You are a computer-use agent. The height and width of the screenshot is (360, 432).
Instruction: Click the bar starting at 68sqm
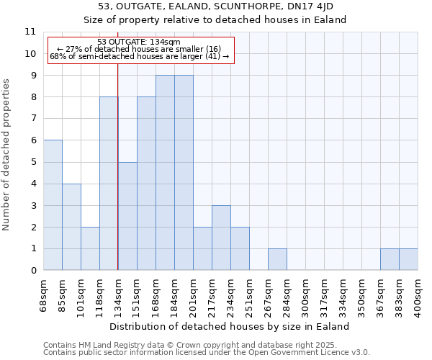click(53, 205)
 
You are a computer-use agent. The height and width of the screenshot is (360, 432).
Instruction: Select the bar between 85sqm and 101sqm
click(71, 227)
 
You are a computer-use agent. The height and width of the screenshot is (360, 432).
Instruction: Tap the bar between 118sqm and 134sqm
click(109, 184)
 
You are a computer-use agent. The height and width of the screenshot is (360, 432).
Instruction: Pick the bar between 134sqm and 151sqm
click(127, 216)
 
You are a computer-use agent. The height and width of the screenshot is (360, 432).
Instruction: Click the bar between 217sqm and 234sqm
click(221, 238)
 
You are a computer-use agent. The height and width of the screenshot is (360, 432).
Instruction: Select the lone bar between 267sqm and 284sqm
click(277, 259)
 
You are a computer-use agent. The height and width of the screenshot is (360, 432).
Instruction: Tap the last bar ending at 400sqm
click(408, 259)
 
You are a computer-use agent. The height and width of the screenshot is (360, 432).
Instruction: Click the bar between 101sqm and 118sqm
click(90, 248)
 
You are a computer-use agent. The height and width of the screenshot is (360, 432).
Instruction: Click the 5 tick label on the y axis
click(32, 162)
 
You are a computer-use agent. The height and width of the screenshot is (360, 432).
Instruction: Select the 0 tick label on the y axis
click(32, 271)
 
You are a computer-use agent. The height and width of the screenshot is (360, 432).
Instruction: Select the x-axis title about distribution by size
click(230, 326)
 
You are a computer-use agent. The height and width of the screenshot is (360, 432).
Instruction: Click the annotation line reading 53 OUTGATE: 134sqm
click(139, 42)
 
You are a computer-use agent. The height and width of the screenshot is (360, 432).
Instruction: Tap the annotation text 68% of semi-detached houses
click(139, 56)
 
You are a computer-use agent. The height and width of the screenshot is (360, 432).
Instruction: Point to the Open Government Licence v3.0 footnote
click(207, 352)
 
